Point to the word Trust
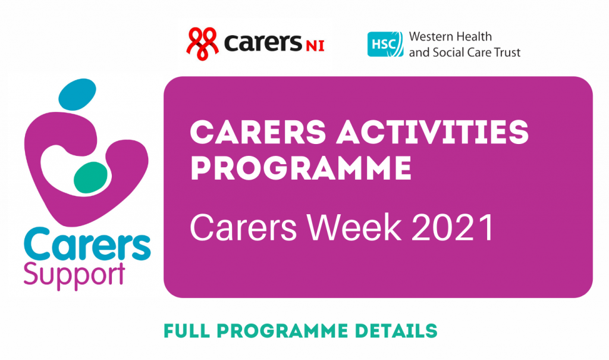pos(506,52)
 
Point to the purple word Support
pos(74,274)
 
